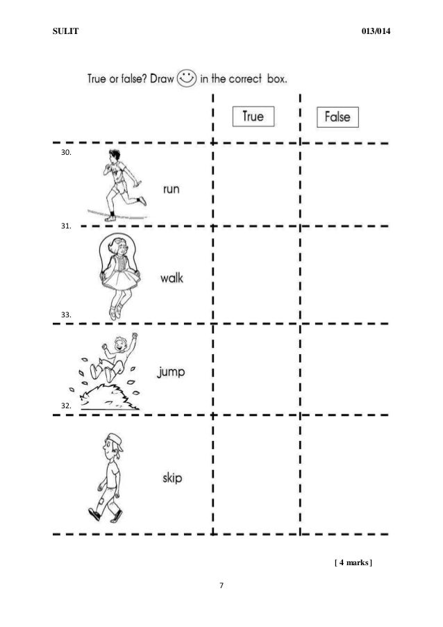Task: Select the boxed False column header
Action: point(337,117)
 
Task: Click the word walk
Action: point(172,278)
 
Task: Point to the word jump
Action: point(170,373)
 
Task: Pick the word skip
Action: point(167,478)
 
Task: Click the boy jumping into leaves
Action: point(111,374)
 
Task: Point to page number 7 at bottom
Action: point(221,587)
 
